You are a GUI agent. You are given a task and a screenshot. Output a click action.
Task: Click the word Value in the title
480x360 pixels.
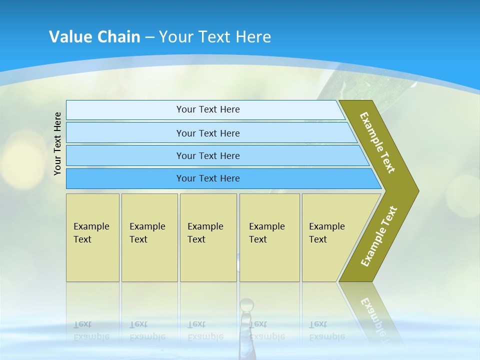[x=68, y=37]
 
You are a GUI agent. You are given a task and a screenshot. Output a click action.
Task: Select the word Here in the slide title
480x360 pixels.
[x=253, y=37]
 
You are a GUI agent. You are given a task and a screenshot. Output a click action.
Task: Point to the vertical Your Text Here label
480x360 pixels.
[x=57, y=144]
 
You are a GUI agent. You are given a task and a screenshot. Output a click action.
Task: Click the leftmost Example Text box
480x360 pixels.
[x=92, y=237]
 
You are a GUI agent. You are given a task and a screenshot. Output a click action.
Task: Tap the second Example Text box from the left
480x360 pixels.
[x=149, y=237]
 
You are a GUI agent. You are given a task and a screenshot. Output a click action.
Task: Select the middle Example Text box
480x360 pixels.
[x=208, y=237]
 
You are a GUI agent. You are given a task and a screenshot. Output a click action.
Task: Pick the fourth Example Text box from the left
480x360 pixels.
[x=269, y=237]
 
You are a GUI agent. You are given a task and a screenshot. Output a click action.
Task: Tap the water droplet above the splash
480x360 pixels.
[x=246, y=304]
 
